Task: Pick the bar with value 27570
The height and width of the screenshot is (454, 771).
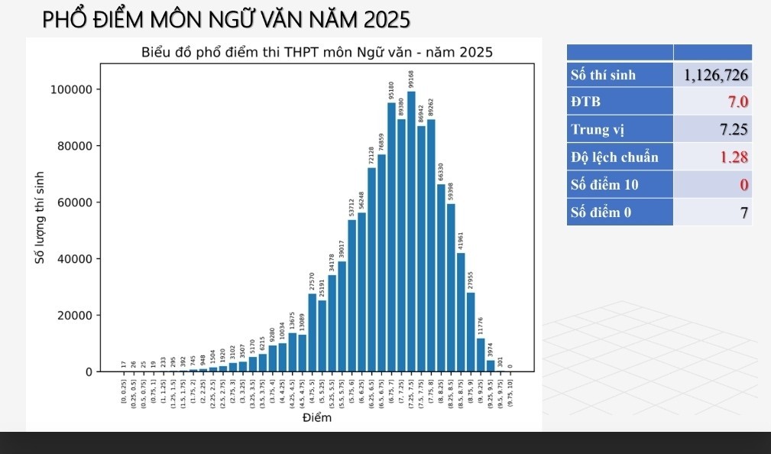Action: tap(313, 332)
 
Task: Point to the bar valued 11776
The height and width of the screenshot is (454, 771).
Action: tap(481, 355)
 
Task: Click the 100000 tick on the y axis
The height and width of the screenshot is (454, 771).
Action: tap(71, 89)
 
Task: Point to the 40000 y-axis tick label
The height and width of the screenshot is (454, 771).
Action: tap(74, 259)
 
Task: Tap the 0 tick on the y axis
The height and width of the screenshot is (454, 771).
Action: tap(88, 372)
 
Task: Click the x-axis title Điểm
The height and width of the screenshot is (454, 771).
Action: tap(316, 418)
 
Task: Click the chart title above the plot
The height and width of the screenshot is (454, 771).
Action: tap(316, 53)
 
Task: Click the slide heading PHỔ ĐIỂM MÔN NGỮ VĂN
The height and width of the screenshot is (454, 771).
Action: tap(226, 19)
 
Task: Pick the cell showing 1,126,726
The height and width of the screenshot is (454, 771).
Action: tap(712, 74)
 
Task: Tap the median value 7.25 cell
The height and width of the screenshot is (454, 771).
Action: tap(712, 129)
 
